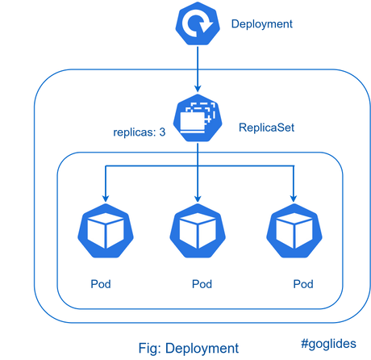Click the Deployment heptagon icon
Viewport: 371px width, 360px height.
[198, 23]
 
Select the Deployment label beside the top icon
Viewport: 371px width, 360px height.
[262, 24]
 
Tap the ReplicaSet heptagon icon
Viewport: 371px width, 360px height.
[198, 118]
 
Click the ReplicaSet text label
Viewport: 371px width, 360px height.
[266, 128]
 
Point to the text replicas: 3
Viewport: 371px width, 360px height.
[140, 132]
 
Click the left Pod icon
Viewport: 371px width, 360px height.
[106, 231]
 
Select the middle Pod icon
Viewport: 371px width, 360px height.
[198, 231]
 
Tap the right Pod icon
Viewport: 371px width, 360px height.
[294, 231]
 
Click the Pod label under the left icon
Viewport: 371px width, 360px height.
[101, 284]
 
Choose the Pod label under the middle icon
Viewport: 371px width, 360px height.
[202, 284]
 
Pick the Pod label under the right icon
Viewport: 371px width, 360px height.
[303, 284]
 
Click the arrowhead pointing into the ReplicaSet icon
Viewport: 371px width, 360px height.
[198, 89]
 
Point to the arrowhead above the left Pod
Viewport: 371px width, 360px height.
[106, 199]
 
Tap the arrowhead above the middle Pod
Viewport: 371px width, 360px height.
[198, 199]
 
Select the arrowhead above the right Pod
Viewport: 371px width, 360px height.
[294, 199]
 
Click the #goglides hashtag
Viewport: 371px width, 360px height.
[328, 344]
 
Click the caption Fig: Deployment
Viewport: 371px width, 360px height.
[189, 348]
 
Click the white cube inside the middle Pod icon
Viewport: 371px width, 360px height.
[198, 231]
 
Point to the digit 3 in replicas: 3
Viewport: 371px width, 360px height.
[162, 132]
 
